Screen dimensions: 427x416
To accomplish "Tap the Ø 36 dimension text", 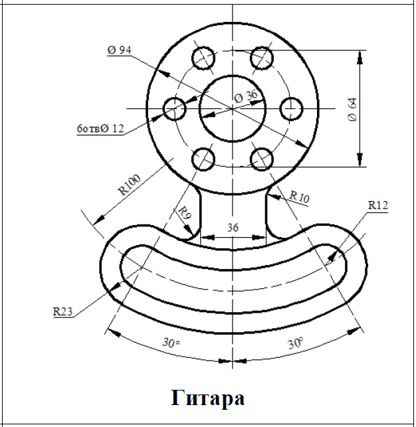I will click(x=245, y=96).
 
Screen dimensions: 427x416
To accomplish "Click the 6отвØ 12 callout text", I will click(x=100, y=129).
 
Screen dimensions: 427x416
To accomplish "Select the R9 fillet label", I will click(x=184, y=213).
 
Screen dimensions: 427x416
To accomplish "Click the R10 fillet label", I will click(x=299, y=197).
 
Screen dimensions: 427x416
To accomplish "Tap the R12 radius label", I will click(x=377, y=206).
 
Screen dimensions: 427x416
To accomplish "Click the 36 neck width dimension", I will click(x=233, y=226).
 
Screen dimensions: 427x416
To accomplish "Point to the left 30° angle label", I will click(x=171, y=343).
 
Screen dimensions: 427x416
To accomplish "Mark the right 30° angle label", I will click(x=295, y=343).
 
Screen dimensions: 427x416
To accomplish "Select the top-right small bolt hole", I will click(x=262, y=57).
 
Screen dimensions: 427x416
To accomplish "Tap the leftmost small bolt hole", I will click(x=175, y=108).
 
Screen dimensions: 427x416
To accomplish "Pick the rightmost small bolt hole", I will click(x=291, y=108).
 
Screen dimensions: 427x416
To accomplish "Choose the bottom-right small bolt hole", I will click(x=262, y=158).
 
